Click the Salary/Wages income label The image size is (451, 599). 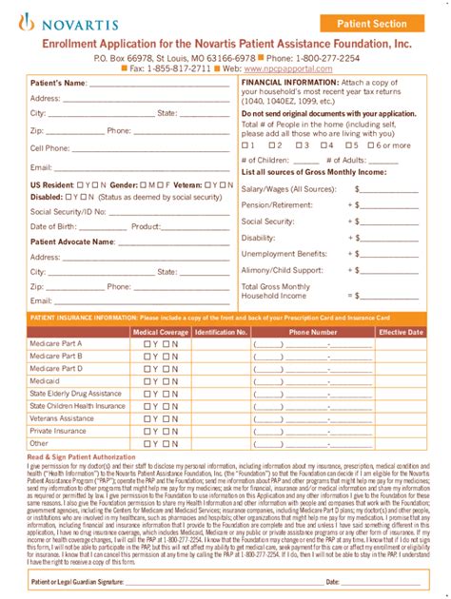(283, 189)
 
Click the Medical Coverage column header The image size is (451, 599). (159, 333)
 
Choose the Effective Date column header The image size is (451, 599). (401, 333)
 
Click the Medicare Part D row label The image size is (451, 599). (56, 368)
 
